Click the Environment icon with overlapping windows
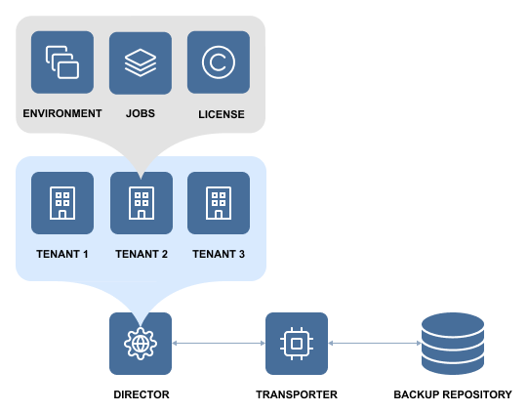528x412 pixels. pos(62,62)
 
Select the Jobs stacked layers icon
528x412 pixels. pos(141,63)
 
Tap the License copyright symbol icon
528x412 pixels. pos(219,62)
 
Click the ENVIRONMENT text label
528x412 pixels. pos(62,113)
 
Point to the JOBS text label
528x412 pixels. pos(141,113)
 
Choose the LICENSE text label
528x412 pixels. pos(222,114)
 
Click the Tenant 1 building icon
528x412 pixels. pos(62,203)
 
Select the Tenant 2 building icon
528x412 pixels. pos(142,203)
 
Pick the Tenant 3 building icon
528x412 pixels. pos(219,203)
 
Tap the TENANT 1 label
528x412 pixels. pos(62,254)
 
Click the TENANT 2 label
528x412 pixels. pos(142,254)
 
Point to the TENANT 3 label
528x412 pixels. pos(219,254)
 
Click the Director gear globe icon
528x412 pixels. pos(141,344)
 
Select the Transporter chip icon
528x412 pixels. pos(297,344)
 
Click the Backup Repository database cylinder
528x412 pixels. pos(453,344)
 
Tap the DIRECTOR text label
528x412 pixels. pos(142,394)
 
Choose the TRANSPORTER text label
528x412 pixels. pos(297,394)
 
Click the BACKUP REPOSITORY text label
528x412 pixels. pos(453,394)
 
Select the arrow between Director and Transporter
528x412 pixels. pos(219,344)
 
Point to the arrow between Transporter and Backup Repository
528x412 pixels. pos(375,344)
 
